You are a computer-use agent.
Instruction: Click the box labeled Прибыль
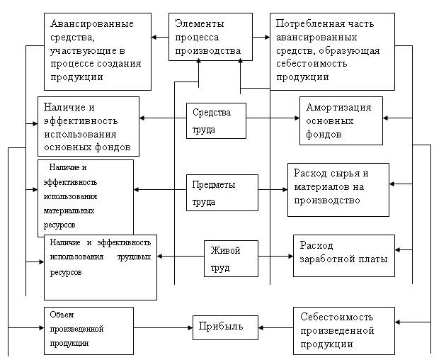(x=225, y=327)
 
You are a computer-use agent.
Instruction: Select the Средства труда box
(x=216, y=121)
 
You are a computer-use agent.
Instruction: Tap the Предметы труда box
(x=222, y=193)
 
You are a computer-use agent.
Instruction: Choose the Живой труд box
(x=231, y=259)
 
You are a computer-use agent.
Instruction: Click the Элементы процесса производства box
(x=211, y=37)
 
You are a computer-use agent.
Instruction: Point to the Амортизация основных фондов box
(x=341, y=121)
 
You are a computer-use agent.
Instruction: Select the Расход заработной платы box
(x=344, y=256)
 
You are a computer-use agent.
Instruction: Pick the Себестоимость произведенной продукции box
(x=344, y=331)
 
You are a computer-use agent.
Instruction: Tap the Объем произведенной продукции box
(x=88, y=331)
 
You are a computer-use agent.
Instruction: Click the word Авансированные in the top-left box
(x=92, y=23)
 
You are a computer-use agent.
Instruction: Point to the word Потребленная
(x=307, y=24)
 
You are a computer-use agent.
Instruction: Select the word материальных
(x=69, y=211)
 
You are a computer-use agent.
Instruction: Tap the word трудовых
(x=134, y=257)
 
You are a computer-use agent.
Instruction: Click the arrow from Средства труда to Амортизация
(x=273, y=118)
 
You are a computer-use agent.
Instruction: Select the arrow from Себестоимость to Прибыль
(x=275, y=328)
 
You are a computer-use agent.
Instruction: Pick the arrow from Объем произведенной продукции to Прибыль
(x=163, y=328)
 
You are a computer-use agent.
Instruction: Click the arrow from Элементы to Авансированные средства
(x=160, y=37)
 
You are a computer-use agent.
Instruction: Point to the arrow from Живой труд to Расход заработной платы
(x=275, y=257)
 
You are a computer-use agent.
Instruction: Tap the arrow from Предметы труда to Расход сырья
(x=273, y=190)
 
